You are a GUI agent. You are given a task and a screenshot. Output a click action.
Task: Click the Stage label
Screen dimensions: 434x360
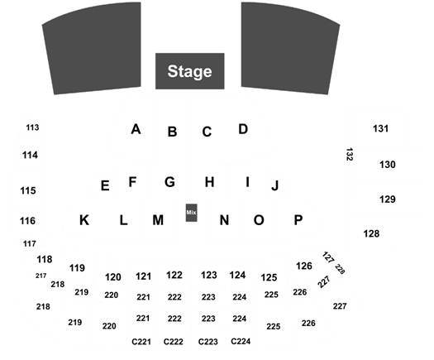pyautogui.click(x=189, y=71)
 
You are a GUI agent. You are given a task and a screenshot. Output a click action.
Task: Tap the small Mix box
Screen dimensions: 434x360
pyautogui.click(x=191, y=213)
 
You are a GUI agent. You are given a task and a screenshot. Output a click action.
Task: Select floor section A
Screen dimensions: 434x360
pyautogui.click(x=136, y=129)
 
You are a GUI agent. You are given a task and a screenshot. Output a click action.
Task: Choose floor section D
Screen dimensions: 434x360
pyautogui.click(x=243, y=129)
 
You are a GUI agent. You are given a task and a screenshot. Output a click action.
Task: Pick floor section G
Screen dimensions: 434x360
pyautogui.click(x=169, y=182)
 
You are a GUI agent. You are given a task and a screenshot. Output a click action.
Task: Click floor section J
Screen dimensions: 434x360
pyautogui.click(x=274, y=185)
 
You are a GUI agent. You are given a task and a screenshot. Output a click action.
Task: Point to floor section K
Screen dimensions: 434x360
pyautogui.click(x=84, y=220)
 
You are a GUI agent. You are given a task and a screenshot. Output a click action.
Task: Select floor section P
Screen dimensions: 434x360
pyautogui.click(x=298, y=220)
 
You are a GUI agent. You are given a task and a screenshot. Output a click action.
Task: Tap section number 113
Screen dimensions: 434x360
pyautogui.click(x=33, y=127)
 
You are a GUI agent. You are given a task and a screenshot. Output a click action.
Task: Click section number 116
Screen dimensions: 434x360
pyautogui.click(x=27, y=221)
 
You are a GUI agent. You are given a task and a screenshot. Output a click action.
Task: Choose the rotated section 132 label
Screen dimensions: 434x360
pyautogui.click(x=350, y=155)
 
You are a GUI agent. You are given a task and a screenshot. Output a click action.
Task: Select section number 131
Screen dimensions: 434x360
pyautogui.click(x=381, y=128)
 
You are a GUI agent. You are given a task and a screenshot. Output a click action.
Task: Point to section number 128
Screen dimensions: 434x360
pyautogui.click(x=371, y=234)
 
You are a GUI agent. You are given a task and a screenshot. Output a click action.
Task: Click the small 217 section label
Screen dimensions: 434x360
pyautogui.click(x=41, y=276)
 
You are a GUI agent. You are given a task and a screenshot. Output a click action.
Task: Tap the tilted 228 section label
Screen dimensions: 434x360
pyautogui.click(x=340, y=269)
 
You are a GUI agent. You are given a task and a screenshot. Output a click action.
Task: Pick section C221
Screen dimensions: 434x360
pyautogui.click(x=141, y=342)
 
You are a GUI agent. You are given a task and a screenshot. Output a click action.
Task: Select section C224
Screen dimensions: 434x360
pyautogui.click(x=241, y=342)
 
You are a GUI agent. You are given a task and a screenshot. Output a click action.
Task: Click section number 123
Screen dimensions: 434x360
pyautogui.click(x=209, y=276)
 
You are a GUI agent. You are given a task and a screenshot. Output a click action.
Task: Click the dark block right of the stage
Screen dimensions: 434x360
pyautogui.click(x=289, y=49)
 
